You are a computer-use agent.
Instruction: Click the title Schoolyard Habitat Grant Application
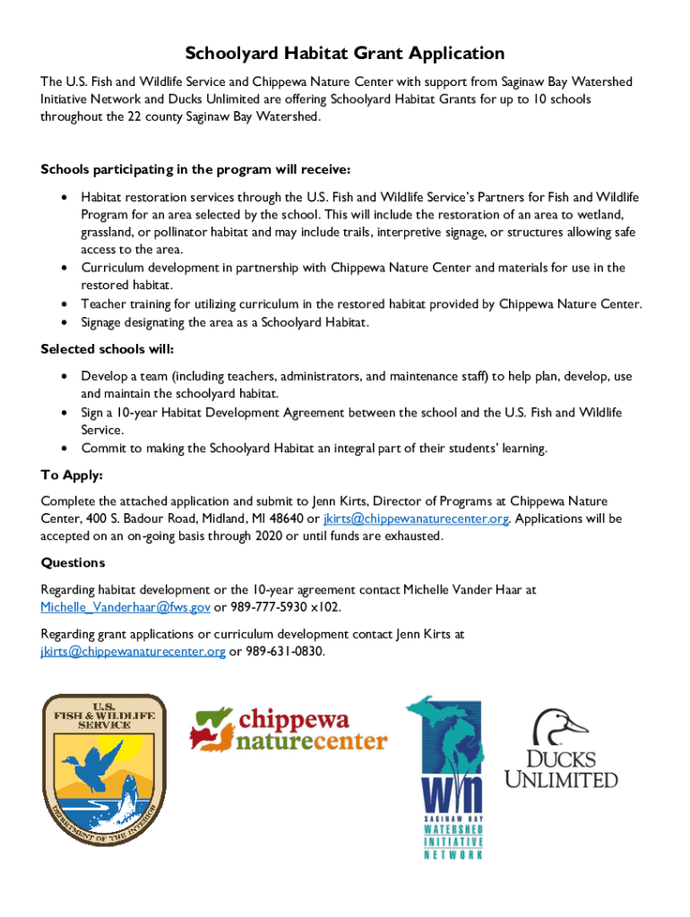tap(345, 54)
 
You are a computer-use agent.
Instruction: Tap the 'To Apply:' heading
tap(72, 475)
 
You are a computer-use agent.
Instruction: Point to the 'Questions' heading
tap(73, 562)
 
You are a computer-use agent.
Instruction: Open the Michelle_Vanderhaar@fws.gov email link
tap(125, 607)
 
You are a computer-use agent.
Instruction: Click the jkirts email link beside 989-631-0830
tap(133, 651)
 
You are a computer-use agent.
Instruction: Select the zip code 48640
tap(284, 518)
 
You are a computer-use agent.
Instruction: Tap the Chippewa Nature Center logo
tap(288, 728)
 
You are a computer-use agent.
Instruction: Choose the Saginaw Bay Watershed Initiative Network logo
tap(444, 776)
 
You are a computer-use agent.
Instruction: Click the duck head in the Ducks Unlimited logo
tap(559, 726)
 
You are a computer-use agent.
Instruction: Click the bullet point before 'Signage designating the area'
tap(64, 322)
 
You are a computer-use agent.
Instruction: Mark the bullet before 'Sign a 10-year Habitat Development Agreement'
tap(64, 413)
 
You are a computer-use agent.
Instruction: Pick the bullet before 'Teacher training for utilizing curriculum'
tap(64, 304)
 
